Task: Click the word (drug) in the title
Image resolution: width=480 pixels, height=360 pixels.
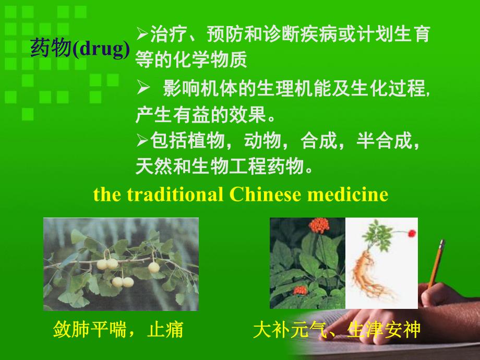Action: tap(102, 49)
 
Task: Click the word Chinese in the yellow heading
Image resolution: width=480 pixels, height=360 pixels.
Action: tap(265, 194)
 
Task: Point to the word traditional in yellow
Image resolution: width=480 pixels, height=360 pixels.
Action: tap(175, 194)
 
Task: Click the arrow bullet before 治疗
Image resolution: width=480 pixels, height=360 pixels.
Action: tap(142, 33)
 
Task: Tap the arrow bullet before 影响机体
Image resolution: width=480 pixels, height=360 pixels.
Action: tap(143, 88)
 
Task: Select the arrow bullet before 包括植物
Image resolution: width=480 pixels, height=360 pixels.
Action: tap(142, 140)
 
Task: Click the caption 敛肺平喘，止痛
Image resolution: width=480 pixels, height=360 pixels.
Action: tap(118, 329)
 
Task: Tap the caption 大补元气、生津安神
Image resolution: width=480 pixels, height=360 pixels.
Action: tap(337, 329)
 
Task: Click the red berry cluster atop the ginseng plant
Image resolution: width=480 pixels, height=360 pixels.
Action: tap(319, 225)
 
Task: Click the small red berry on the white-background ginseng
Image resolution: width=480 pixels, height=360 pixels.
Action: tap(412, 233)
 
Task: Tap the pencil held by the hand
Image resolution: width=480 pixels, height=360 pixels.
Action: tap(436, 263)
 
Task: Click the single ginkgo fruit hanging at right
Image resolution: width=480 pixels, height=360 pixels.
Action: tap(154, 267)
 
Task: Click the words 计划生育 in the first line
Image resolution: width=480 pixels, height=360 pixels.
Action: tap(393, 34)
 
